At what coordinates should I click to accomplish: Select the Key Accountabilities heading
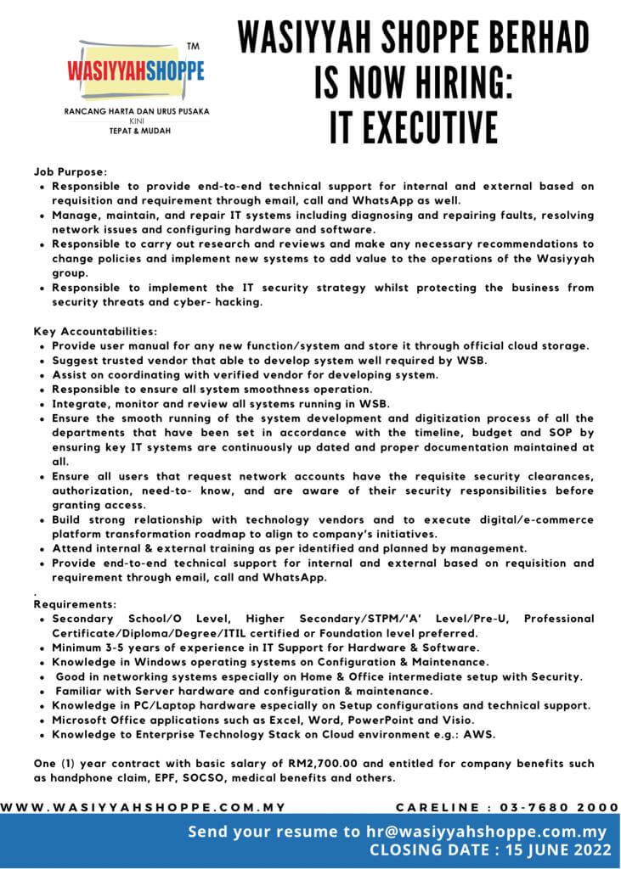pyautogui.click(x=95, y=330)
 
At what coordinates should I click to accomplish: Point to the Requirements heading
pyautogui.click(x=75, y=604)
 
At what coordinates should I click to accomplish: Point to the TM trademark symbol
pyautogui.click(x=192, y=46)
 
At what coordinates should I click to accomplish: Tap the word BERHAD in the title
pyautogui.click(x=544, y=40)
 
